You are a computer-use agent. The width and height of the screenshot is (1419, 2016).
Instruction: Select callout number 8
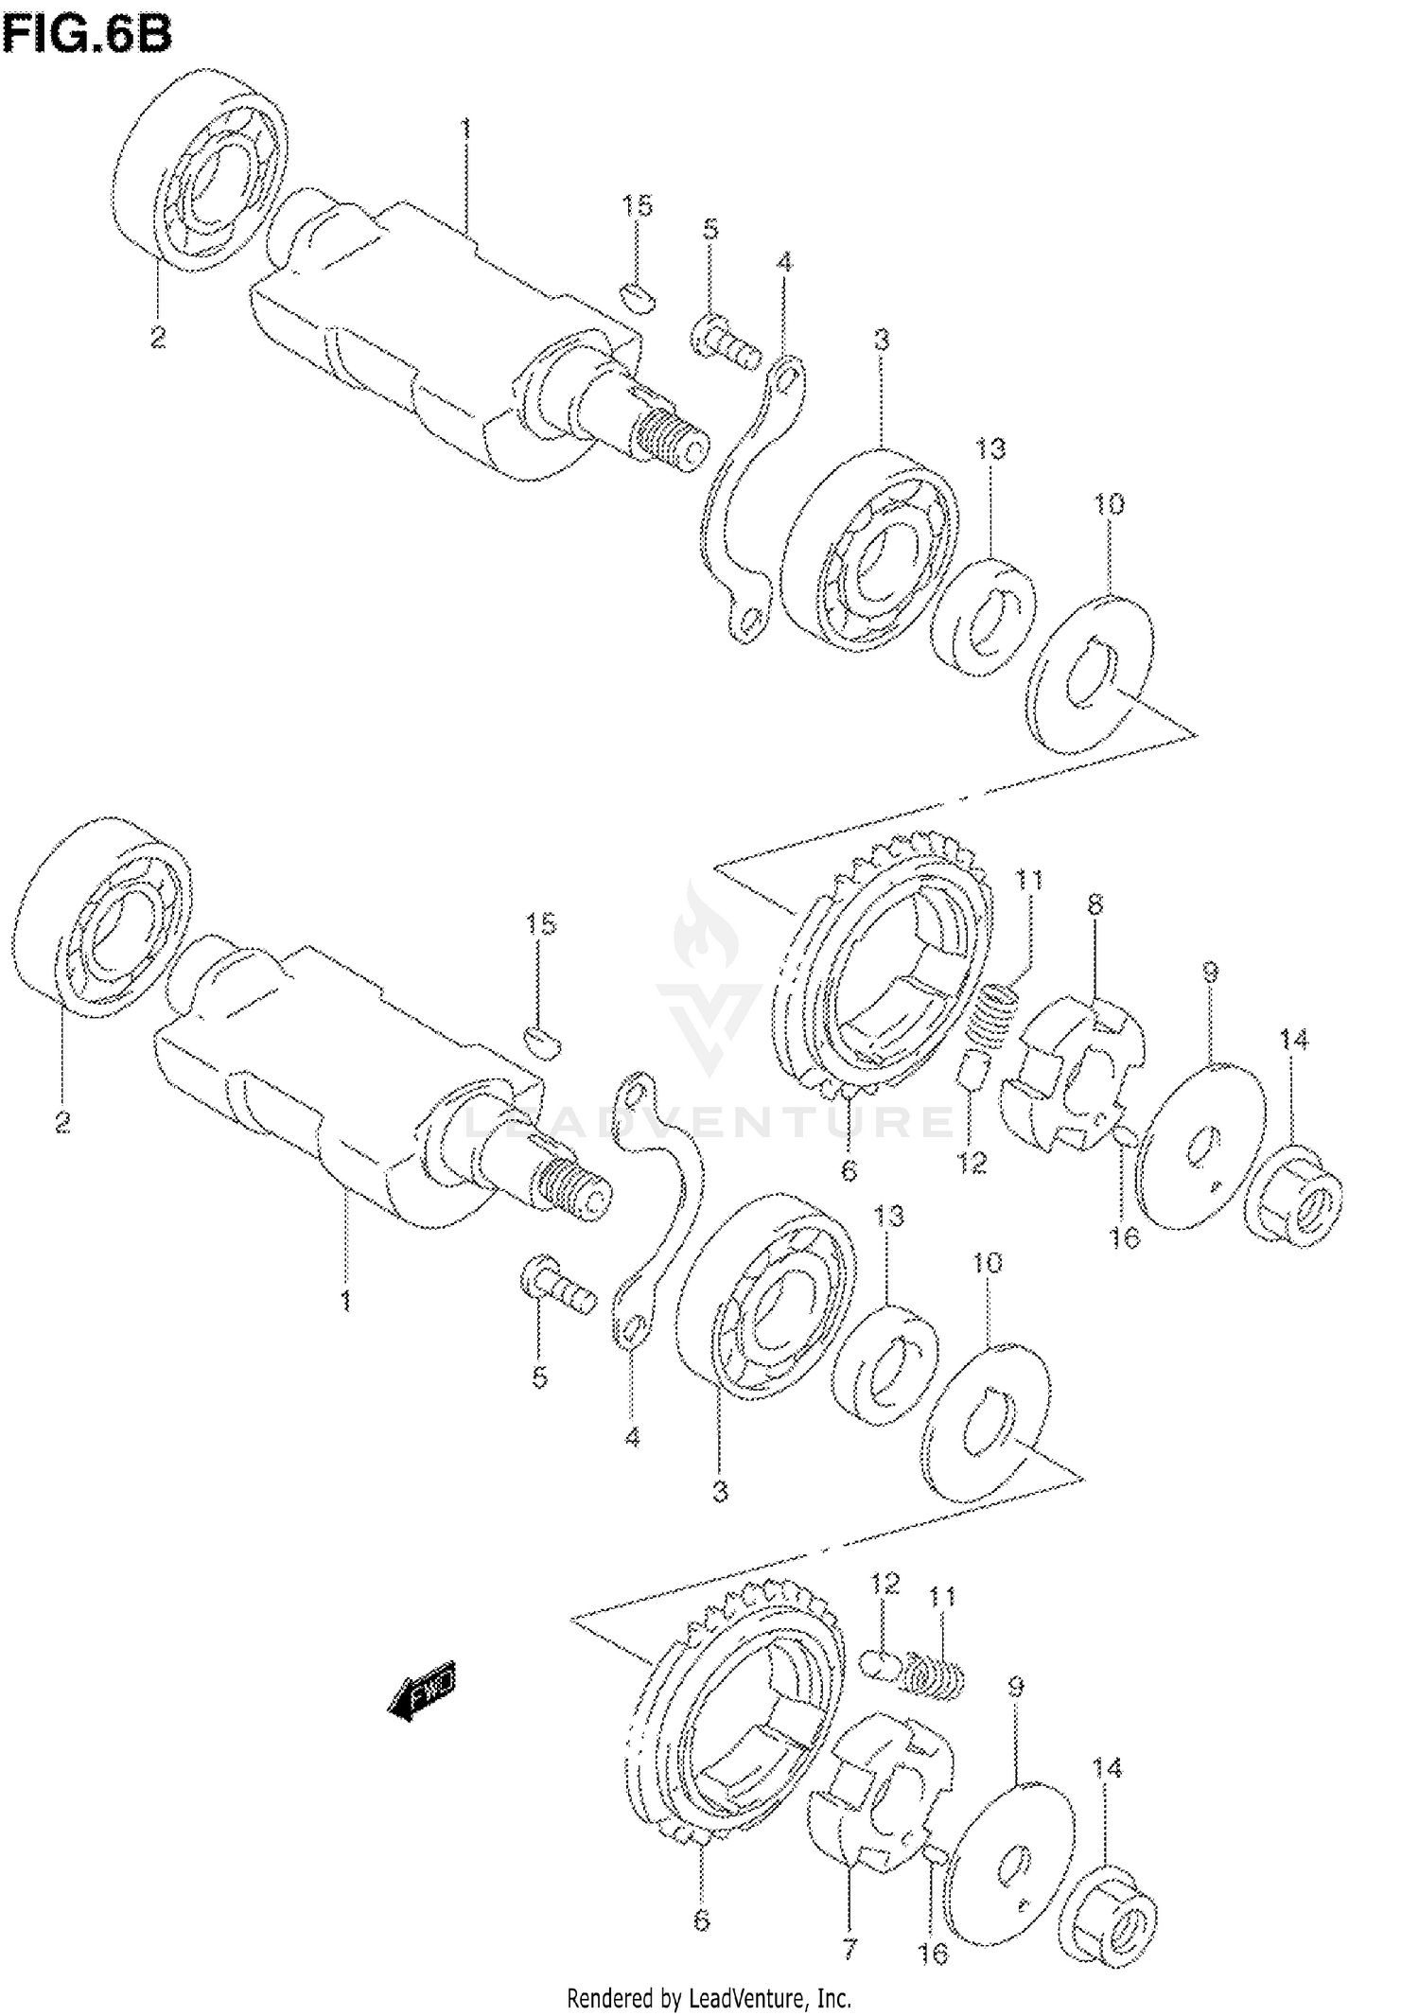pos(1095,904)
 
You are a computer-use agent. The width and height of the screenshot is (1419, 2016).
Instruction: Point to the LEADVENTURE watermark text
pos(709,1123)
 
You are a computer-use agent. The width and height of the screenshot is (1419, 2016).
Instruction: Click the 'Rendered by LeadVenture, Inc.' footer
pos(709,1998)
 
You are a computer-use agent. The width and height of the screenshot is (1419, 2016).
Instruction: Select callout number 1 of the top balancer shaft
pos(465,128)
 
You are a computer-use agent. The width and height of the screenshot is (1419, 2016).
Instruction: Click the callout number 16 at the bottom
pos(933,1953)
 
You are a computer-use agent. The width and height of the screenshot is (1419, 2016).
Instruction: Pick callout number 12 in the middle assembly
pos(972,1162)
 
